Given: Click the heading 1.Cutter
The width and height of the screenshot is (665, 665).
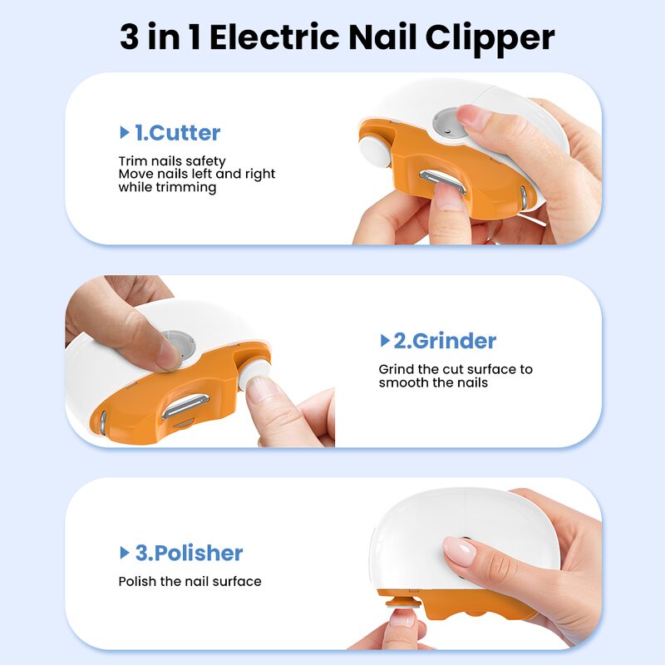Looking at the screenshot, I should click(x=177, y=133).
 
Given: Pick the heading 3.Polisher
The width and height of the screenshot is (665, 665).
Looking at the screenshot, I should click(x=189, y=553).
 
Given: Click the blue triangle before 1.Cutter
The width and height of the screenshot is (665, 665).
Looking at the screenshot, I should click(x=125, y=133).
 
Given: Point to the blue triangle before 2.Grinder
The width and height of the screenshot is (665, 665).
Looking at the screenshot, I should click(x=385, y=341).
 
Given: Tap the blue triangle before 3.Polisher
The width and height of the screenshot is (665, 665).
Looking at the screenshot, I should click(x=125, y=553).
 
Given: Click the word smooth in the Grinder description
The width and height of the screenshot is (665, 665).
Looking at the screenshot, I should click(x=399, y=383).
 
